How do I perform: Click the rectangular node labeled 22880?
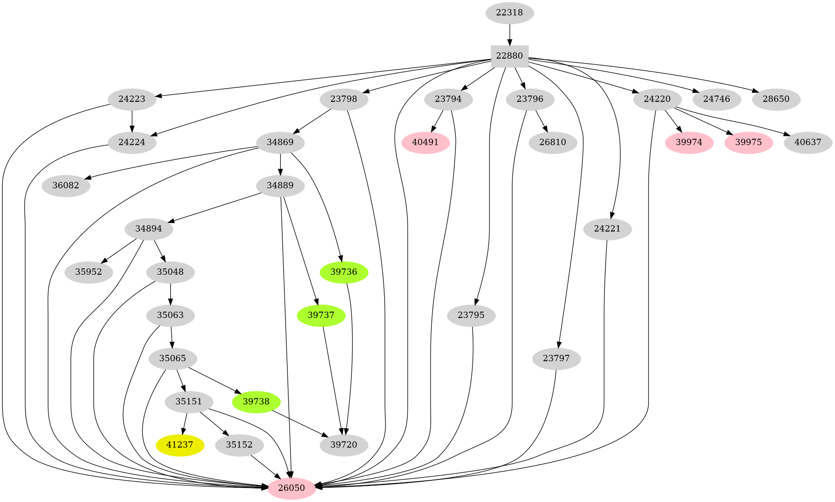point(509,56)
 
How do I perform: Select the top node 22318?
point(509,13)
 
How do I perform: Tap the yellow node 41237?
point(180,445)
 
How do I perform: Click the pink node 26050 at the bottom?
point(291,488)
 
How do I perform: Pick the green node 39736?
point(344,272)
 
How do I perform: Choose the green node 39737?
point(321,315)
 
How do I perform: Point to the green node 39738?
point(256,402)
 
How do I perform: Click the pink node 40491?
point(425,143)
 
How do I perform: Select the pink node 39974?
point(689,143)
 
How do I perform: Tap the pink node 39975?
point(749,143)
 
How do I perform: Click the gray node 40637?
point(808,143)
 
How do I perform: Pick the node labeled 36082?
point(66,186)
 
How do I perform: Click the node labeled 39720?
point(344,445)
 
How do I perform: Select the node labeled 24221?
point(607,229)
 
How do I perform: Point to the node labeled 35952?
point(89,272)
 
